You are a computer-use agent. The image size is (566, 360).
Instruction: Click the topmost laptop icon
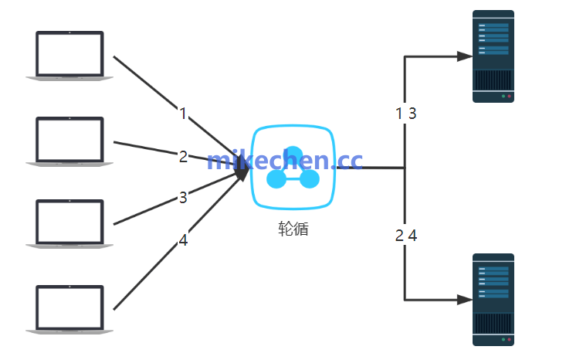click(69, 55)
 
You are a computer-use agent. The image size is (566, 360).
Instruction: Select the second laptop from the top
click(69, 141)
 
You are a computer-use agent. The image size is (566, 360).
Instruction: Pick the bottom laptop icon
click(69, 309)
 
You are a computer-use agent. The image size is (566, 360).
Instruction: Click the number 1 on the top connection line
click(183, 114)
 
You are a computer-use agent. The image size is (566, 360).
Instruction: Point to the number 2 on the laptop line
click(183, 157)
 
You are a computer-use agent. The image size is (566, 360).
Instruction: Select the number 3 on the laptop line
click(183, 198)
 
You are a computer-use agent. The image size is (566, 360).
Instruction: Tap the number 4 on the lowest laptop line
click(183, 240)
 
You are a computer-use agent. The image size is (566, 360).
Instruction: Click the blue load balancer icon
click(293, 167)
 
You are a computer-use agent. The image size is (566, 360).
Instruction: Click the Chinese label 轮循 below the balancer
click(293, 229)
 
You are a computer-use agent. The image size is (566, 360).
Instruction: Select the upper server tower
click(493, 56)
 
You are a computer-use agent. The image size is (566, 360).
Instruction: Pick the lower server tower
click(493, 299)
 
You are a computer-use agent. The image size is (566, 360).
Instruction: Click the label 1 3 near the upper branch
click(406, 114)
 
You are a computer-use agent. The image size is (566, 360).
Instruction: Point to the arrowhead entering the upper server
click(464, 56)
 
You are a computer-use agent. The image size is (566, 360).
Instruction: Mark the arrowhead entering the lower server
click(464, 299)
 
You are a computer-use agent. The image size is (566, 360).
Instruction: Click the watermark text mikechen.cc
click(284, 161)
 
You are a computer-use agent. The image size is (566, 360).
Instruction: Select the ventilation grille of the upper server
click(493, 80)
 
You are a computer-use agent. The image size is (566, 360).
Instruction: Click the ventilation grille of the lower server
click(493, 324)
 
